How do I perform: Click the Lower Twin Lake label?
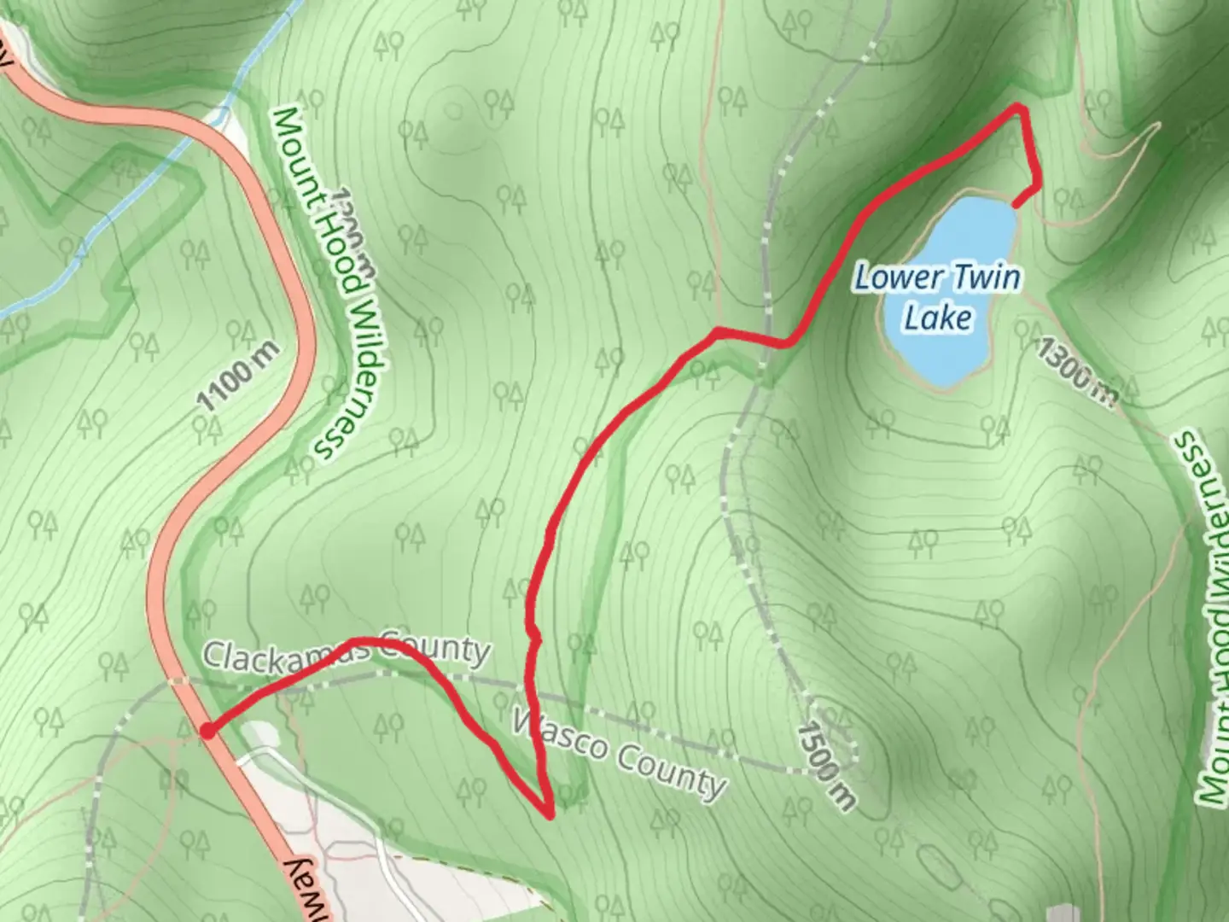938,296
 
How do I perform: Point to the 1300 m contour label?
1076,370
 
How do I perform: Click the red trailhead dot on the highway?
207,730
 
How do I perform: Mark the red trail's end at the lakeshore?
1015,203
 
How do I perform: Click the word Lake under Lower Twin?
938,318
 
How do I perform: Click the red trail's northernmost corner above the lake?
1018,108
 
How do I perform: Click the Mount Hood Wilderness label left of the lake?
331,283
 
